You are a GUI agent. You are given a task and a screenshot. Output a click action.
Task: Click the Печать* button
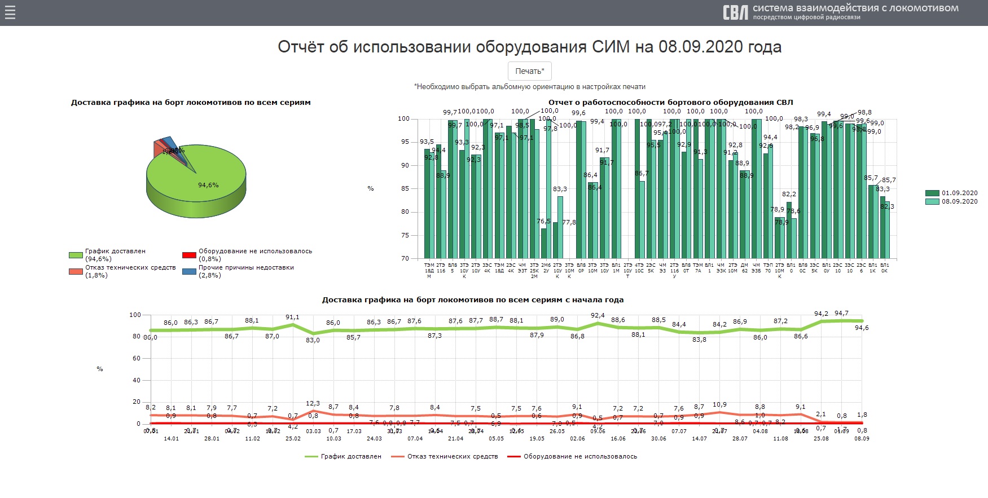529,71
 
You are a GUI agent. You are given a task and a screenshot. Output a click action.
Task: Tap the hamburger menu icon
10,12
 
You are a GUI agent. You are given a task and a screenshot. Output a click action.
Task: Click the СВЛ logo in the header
735,12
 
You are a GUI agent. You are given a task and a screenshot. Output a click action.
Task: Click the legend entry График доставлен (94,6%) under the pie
115,255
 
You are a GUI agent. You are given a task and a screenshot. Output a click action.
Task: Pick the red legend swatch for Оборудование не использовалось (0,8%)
189,255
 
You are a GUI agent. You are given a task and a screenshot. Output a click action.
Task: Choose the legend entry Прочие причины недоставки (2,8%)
246,271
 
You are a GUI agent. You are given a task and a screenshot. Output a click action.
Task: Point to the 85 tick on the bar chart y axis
405,188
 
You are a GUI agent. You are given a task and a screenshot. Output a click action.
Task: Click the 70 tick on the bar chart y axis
405,258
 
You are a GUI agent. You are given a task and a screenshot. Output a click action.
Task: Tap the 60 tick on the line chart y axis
137,358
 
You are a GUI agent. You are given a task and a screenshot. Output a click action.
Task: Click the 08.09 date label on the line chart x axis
862,438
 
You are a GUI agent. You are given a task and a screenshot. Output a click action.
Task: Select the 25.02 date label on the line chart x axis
293,438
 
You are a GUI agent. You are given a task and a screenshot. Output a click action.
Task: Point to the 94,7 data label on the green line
841,314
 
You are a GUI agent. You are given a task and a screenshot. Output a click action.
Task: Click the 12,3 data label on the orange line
313,403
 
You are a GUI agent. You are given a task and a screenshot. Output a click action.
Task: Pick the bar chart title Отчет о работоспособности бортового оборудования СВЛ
670,102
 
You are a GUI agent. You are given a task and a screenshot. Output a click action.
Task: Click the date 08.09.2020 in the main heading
701,47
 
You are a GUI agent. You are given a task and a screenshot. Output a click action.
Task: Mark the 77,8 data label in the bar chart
569,222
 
